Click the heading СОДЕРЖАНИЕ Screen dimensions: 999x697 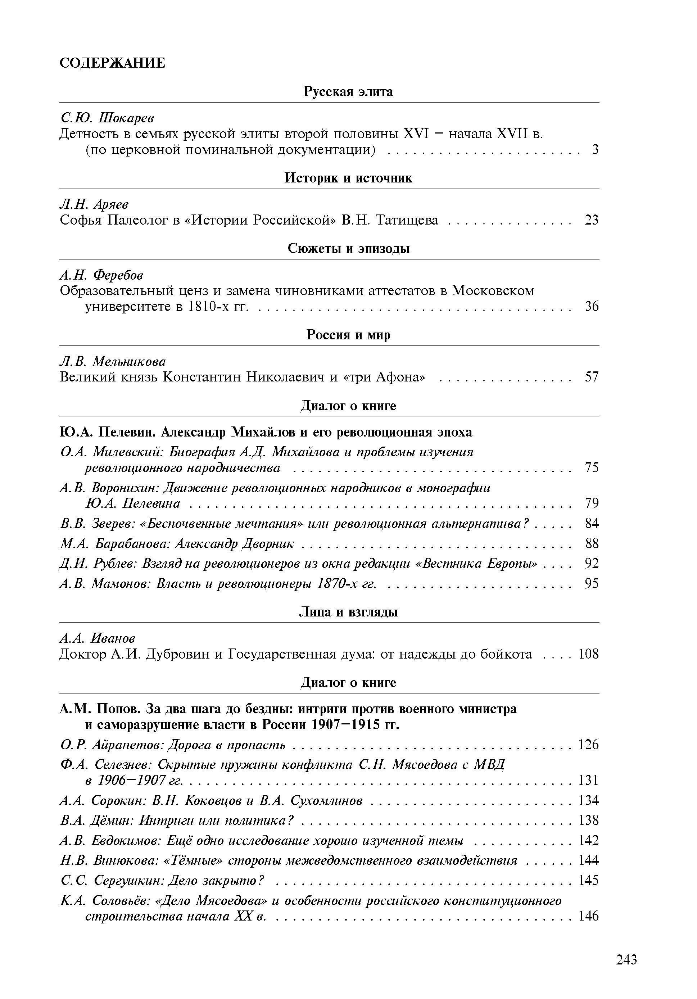click(112, 63)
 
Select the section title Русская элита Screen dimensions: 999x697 click(348, 92)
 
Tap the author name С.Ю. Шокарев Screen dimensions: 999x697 click(107, 117)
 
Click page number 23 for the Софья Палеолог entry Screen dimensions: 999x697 click(592, 220)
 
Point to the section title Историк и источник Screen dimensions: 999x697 click(348, 178)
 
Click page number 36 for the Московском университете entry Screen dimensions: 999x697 click(592, 306)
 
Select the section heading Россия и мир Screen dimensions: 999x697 click(348, 335)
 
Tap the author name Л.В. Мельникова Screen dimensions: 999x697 click(113, 361)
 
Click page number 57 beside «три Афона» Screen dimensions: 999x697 click(592, 377)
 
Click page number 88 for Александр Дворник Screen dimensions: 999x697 click(592, 543)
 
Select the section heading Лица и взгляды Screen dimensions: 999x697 click(348, 612)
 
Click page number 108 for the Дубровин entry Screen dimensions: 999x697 click(588, 654)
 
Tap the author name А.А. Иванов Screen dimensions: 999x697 click(98, 638)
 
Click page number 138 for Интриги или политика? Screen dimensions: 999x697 click(588, 820)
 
